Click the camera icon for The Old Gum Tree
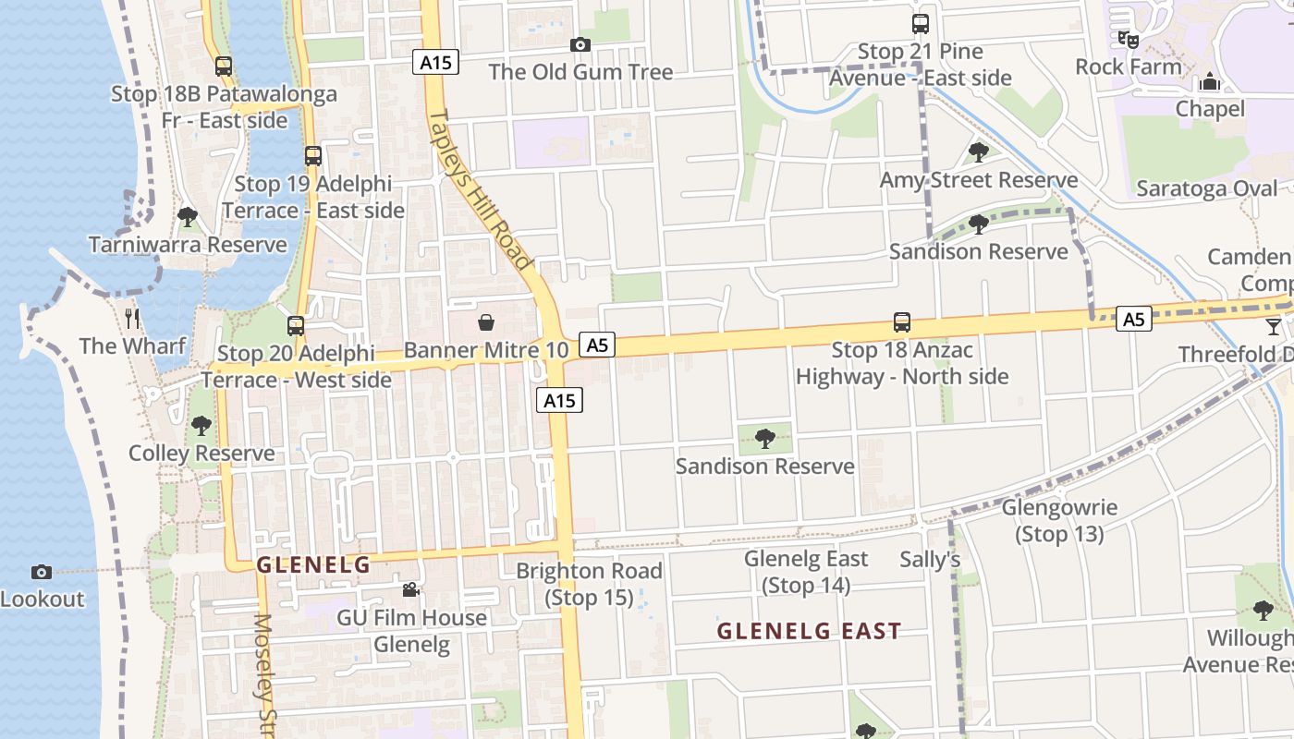580,44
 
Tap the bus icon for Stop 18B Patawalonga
224,67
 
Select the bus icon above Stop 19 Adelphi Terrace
313,156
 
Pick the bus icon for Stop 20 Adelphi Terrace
296,325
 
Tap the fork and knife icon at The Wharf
133,319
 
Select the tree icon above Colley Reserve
201,426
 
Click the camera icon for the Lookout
42,572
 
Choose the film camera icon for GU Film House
411,589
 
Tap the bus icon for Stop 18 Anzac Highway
902,322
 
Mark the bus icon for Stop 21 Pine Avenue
921,24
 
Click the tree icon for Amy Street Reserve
978,152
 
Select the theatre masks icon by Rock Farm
1128,39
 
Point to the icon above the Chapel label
1210,82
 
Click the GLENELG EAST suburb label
809,631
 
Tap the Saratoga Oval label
1206,188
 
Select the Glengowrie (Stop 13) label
1059,520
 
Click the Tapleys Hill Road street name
481,189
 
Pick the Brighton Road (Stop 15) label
589,584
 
